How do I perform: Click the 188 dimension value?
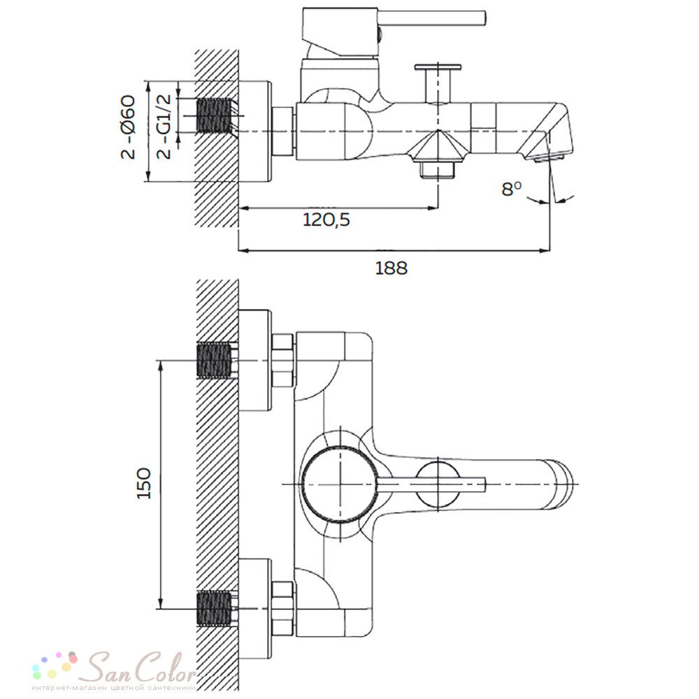(x=391, y=268)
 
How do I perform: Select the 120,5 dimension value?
(x=326, y=219)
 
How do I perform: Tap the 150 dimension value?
(x=144, y=483)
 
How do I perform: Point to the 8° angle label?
(x=511, y=189)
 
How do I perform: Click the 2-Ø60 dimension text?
(x=128, y=127)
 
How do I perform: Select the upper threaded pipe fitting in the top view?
(x=215, y=361)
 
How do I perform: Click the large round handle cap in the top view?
(x=340, y=484)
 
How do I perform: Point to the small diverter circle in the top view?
(x=438, y=484)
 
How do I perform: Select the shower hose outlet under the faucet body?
(x=438, y=170)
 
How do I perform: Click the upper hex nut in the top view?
(x=282, y=361)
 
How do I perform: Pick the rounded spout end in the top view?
(x=564, y=484)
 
